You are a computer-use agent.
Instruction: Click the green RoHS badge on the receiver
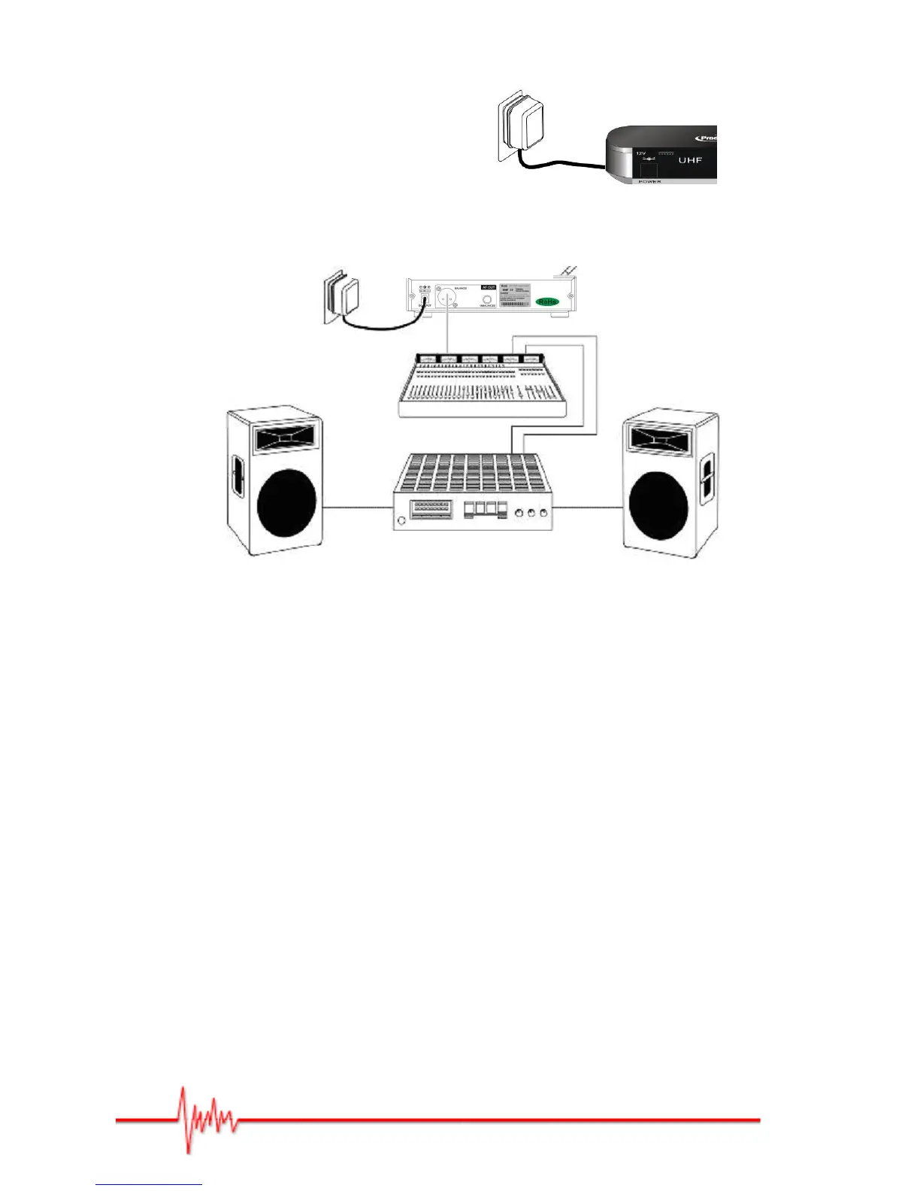pos(548,302)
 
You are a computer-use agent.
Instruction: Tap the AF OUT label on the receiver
pos(489,287)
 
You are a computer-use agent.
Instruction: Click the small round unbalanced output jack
pos(488,299)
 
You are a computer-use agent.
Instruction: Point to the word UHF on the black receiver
pos(690,160)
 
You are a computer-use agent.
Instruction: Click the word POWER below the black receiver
pos(649,182)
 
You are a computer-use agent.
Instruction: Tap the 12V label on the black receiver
pos(641,153)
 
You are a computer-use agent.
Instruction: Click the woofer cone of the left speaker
pos(286,503)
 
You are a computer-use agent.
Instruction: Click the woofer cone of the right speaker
pos(658,504)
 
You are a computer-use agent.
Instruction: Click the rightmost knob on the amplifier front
pos(543,513)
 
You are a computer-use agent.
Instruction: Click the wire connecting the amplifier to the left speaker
pos(358,508)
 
